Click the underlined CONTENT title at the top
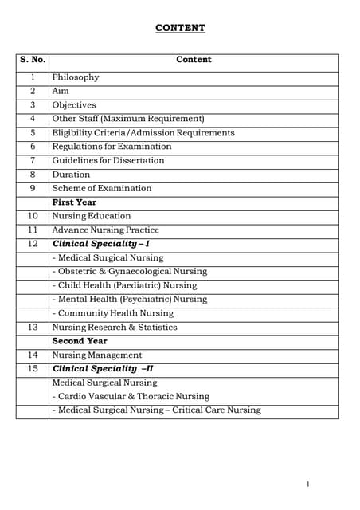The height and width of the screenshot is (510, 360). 180,29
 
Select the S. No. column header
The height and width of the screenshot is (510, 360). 33,60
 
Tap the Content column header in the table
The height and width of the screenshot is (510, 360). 194,60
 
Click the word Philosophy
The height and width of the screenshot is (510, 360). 76,77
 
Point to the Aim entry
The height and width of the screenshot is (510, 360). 61,92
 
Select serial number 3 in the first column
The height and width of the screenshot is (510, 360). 33,105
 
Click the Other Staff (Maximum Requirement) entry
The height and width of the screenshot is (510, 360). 128,119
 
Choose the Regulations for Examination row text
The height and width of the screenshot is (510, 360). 112,147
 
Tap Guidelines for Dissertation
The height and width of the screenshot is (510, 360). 108,160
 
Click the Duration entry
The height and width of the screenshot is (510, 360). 71,175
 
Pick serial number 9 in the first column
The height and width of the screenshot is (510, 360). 33,188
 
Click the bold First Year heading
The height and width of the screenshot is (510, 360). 74,202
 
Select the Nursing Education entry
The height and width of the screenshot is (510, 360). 92,216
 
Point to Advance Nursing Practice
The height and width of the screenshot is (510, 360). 105,230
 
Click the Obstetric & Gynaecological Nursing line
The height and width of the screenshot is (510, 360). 129,272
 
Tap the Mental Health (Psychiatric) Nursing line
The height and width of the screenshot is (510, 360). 129,300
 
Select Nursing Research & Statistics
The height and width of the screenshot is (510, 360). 115,328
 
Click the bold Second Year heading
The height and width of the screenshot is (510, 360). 80,341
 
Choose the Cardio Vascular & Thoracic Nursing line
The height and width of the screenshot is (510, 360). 131,396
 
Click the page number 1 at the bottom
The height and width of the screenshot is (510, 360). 307,484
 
